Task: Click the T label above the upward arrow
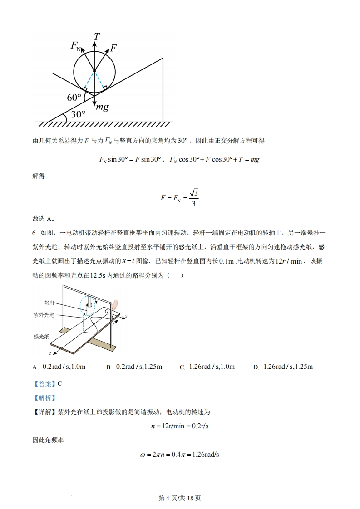[97, 36]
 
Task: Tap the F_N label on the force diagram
[76, 46]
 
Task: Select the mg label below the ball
[101, 107]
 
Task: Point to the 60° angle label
[74, 98]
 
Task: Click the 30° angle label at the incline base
[78, 114]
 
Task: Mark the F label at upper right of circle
[113, 48]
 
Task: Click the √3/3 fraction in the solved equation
[194, 198]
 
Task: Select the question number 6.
[35, 233]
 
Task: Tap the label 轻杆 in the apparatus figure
[50, 303]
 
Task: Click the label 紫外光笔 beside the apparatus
[44, 314]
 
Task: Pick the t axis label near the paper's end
[50, 352]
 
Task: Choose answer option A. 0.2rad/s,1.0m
[59, 367]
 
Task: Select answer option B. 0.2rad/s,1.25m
[134, 367]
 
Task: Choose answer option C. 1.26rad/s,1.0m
[207, 367]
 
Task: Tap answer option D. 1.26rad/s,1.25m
[283, 367]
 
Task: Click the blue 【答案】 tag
[44, 383]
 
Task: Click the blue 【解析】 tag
[44, 398]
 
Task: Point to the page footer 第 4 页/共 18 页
[180, 498]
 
